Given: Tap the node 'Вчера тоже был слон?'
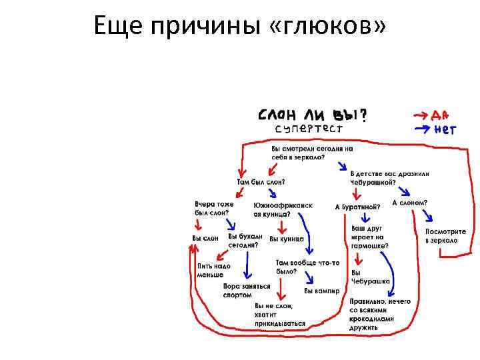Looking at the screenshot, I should [214, 207].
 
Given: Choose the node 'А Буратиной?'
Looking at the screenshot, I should [357, 207].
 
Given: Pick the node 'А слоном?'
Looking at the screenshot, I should [409, 203].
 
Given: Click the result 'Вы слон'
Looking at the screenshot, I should [205, 238].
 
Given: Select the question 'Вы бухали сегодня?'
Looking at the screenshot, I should [245, 241].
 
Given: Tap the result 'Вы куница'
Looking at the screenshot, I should [286, 238].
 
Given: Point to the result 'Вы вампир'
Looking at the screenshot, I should [322, 291].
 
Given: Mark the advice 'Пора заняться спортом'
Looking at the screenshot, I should [246, 291].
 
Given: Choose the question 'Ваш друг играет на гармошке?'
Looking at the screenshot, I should [369, 237].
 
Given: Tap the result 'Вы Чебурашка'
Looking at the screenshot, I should [370, 277].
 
